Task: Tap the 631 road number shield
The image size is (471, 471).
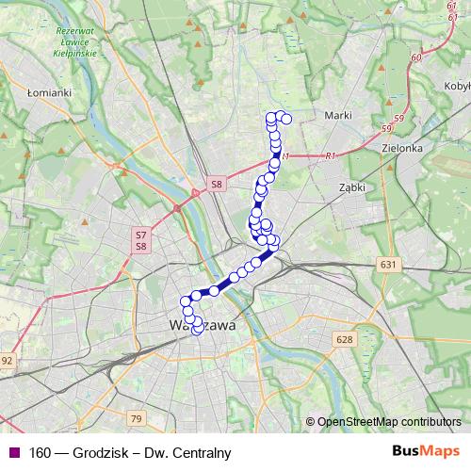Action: coord(387,266)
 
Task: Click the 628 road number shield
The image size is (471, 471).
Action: coord(344,339)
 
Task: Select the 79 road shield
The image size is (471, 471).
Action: coord(137,417)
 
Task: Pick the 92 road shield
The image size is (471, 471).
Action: coord(7,360)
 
